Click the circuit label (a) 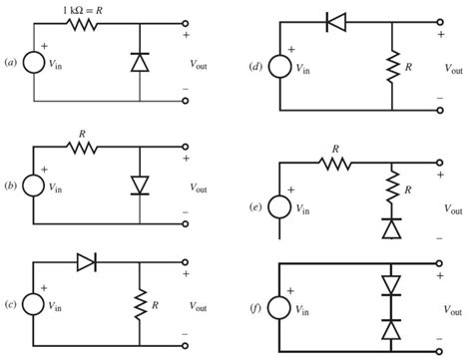click(x=10, y=62)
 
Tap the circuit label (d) click(x=255, y=67)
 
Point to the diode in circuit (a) click(x=140, y=62)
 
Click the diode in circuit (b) click(x=140, y=185)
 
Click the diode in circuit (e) click(x=389, y=228)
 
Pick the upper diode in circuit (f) click(x=389, y=283)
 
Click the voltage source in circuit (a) click(x=34, y=62)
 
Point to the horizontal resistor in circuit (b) click(x=80, y=147)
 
